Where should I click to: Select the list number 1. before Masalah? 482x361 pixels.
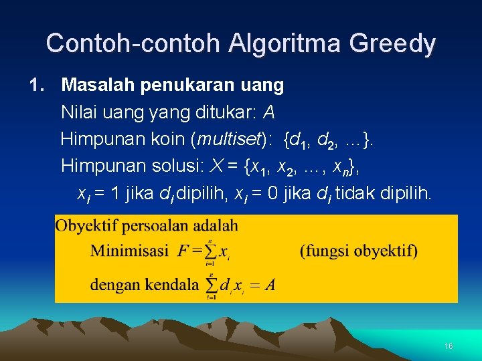coord(37,86)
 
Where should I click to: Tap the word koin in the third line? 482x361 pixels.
coord(169,140)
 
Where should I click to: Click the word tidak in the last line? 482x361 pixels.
coord(355,194)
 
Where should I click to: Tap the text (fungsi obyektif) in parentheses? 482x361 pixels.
coord(358,251)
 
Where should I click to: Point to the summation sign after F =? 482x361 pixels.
coord(211,252)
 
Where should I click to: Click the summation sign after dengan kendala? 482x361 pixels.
coord(212,285)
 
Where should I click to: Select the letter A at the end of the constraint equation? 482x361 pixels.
coord(270,285)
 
